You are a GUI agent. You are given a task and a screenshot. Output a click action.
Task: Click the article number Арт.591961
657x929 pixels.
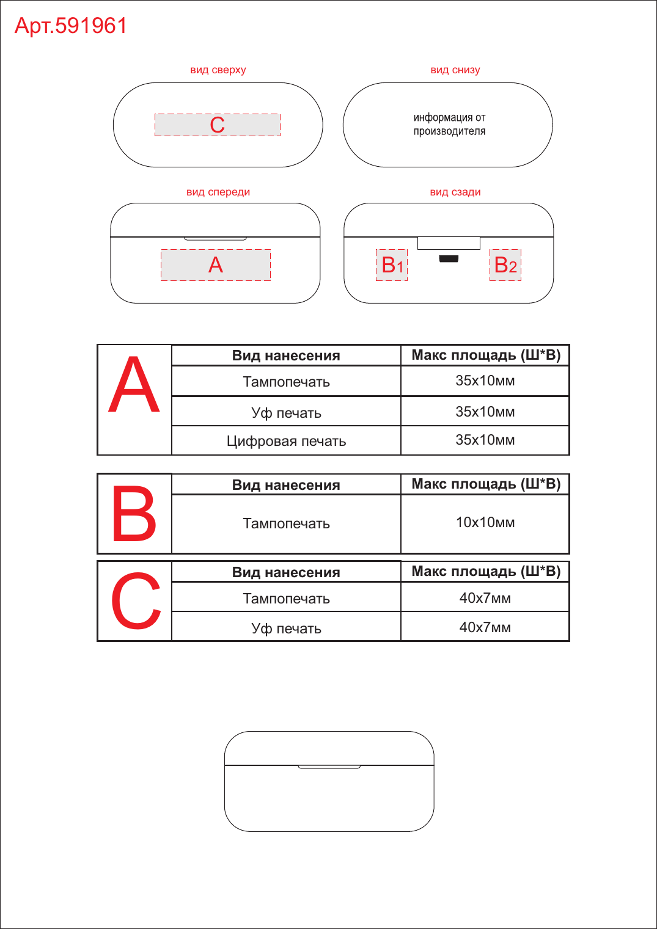point(70,26)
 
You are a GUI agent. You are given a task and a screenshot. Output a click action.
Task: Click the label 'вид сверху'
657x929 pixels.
point(218,70)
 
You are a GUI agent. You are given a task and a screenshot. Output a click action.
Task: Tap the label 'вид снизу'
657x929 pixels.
point(455,70)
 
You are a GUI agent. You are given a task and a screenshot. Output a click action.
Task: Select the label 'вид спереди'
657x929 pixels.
point(218,192)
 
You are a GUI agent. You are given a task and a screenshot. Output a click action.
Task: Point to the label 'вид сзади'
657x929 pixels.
point(455,192)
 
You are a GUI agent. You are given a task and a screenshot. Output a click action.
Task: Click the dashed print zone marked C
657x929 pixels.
point(218,125)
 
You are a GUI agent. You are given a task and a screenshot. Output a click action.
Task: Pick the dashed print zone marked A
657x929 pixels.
point(216,265)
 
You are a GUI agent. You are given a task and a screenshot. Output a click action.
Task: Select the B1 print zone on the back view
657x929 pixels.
point(392,265)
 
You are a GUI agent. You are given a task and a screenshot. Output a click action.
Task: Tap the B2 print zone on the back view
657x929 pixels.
point(505,265)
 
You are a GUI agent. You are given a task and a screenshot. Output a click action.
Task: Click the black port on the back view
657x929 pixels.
point(449,259)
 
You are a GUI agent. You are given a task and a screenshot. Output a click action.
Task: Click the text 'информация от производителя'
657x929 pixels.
point(449,125)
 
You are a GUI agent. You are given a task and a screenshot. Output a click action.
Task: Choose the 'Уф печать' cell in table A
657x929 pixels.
point(287,412)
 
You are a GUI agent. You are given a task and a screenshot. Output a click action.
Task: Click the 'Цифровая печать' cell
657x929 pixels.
point(287,440)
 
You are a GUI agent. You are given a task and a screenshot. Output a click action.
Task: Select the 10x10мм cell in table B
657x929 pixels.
point(485,523)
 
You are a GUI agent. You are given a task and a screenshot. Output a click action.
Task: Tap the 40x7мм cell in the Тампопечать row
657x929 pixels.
point(485,597)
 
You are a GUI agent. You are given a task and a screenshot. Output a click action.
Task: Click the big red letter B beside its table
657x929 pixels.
point(134,514)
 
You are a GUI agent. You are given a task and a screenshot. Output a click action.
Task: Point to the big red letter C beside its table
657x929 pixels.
point(136,601)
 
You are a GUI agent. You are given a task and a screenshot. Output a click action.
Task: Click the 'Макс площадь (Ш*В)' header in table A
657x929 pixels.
point(486,355)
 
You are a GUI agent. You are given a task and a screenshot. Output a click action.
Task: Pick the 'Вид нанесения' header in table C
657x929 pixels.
point(286,572)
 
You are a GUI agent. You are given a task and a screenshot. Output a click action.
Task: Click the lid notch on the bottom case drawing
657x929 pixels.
point(329,767)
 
